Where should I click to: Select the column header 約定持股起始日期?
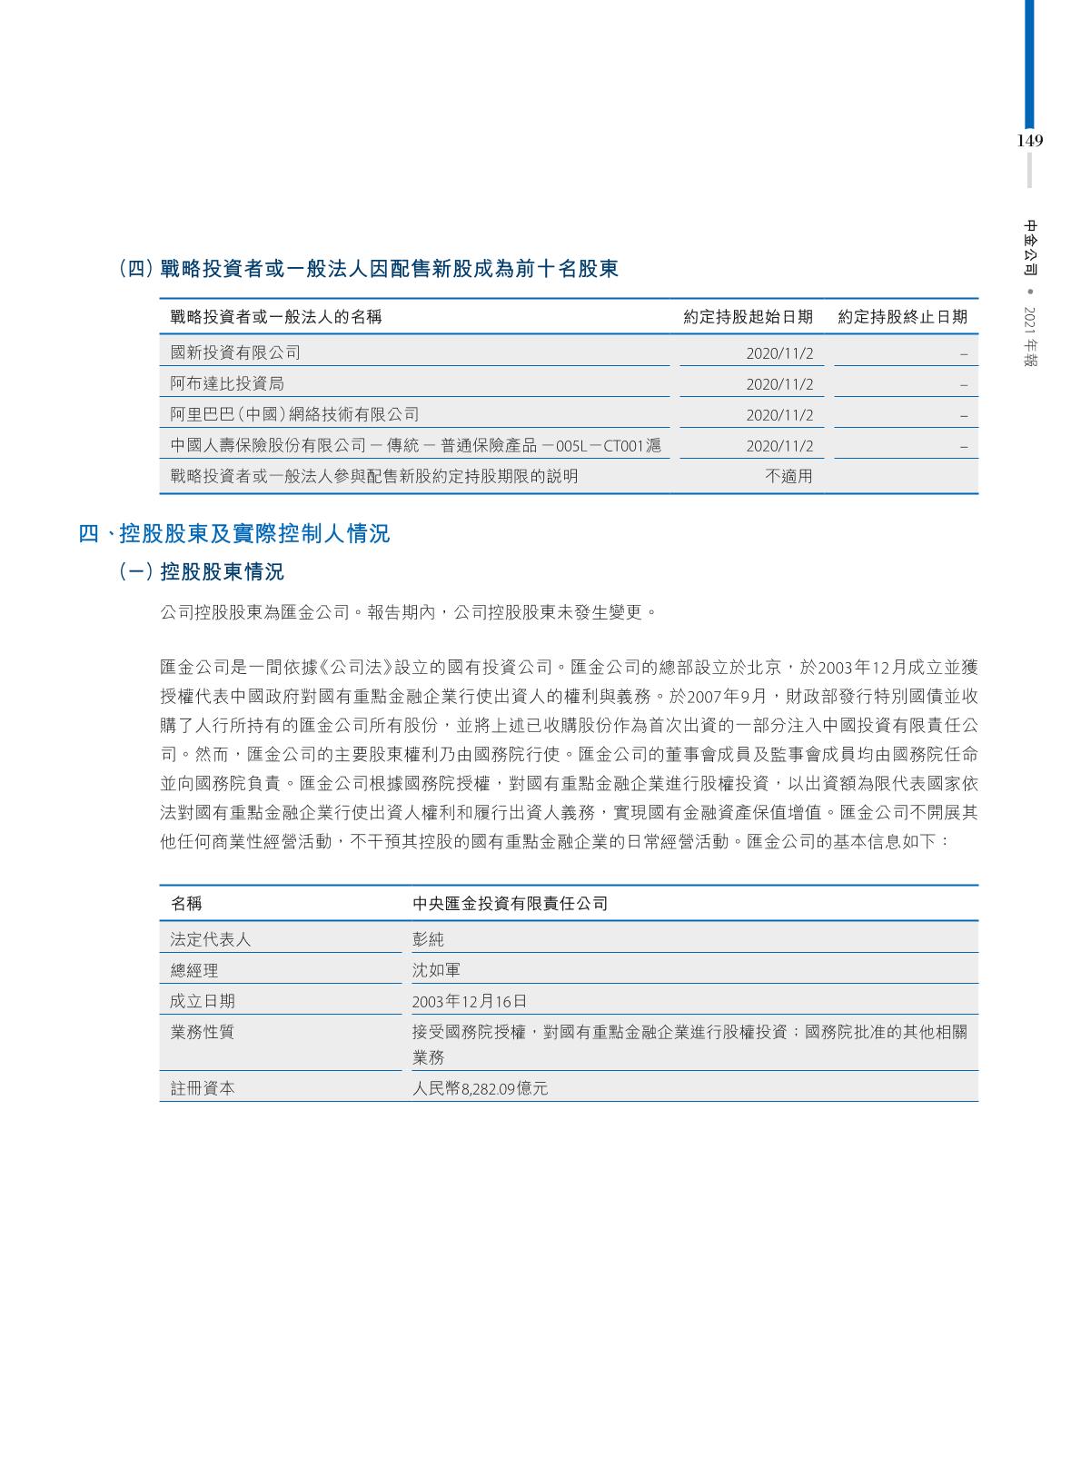(748, 317)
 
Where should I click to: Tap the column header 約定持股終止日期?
(902, 317)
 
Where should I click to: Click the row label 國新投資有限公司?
(235, 352)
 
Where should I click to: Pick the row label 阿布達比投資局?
(227, 383)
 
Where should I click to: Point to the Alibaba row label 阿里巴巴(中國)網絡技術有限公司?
(295, 414)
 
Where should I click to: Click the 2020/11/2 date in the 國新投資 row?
(779, 353)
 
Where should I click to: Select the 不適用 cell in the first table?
(788, 476)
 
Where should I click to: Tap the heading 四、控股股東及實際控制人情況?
(234, 534)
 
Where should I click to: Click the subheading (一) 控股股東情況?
(202, 572)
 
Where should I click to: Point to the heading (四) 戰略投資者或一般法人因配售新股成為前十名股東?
(369, 269)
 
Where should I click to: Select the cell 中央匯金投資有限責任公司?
(510, 904)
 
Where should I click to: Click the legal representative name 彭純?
(428, 939)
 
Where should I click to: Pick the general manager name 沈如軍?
(436, 970)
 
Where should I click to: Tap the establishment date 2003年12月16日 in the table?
(469, 1001)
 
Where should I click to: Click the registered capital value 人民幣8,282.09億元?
(480, 1088)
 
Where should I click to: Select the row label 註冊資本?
(203, 1088)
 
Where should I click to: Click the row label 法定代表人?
(211, 939)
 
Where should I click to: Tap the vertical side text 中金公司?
(1030, 247)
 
